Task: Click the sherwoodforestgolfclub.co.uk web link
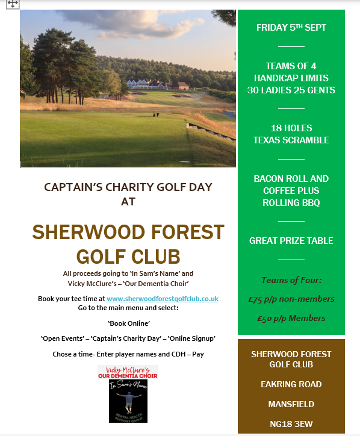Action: tap(162, 299)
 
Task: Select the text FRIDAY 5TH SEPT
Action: tap(291, 28)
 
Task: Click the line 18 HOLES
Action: tap(291, 128)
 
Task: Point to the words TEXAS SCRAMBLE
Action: tap(291, 140)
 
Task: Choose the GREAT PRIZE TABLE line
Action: tap(291, 241)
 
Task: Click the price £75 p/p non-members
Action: tap(291, 299)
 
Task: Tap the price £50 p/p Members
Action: tap(291, 318)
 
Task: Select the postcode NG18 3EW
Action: tap(291, 423)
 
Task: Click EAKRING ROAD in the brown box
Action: tap(291, 384)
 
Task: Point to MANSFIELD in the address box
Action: tap(291, 403)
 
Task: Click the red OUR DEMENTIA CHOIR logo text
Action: tap(128, 376)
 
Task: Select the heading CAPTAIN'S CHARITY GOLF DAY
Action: tap(128, 187)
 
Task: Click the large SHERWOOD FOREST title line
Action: tap(128, 232)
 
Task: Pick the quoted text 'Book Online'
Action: tap(128, 323)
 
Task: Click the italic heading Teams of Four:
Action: tap(291, 280)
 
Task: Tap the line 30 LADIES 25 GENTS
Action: tap(291, 90)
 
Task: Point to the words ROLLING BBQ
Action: tap(291, 202)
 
